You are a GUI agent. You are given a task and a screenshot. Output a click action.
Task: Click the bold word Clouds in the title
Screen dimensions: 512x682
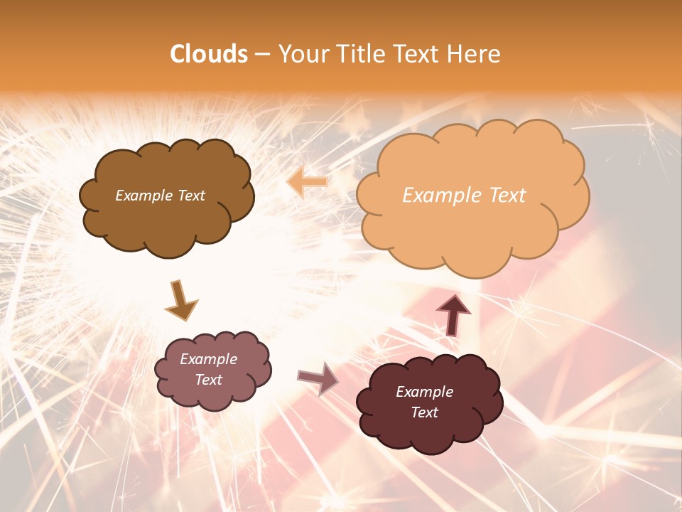209,54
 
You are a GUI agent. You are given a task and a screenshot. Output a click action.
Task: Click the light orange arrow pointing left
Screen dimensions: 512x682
307,182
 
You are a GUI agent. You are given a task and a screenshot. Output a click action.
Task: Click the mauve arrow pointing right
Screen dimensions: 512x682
318,378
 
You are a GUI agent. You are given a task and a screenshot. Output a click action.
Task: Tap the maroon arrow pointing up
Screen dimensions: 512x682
453,314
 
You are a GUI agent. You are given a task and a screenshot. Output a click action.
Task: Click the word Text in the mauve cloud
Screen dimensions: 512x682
208,380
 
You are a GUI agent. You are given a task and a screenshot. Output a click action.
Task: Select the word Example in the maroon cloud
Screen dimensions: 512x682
424,392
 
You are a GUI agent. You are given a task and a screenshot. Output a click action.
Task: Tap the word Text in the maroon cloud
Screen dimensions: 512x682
424,412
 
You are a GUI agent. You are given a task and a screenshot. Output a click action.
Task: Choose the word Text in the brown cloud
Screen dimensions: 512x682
191,196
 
